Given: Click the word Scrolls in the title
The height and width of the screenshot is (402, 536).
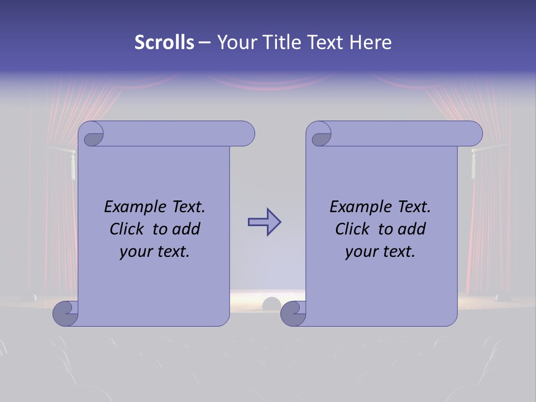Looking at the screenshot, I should click(165, 42).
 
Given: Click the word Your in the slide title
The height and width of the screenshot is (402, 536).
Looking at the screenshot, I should click(235, 42).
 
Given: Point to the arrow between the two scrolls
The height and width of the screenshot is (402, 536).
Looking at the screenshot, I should click(264, 222).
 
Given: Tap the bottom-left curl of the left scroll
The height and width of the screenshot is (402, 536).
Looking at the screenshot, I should click(64, 313).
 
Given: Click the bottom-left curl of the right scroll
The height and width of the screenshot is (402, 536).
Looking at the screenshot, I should click(292, 313).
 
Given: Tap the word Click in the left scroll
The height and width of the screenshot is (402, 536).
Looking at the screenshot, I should click(128, 229).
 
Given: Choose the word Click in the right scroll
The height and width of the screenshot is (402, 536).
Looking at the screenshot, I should click(353, 229).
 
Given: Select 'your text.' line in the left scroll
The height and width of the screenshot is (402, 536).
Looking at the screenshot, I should click(155, 252).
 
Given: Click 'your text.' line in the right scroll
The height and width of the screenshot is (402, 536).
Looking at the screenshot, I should click(380, 252).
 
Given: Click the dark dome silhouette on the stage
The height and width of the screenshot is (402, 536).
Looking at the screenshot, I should click(272, 304).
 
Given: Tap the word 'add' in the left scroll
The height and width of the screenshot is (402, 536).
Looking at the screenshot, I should click(186, 229).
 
